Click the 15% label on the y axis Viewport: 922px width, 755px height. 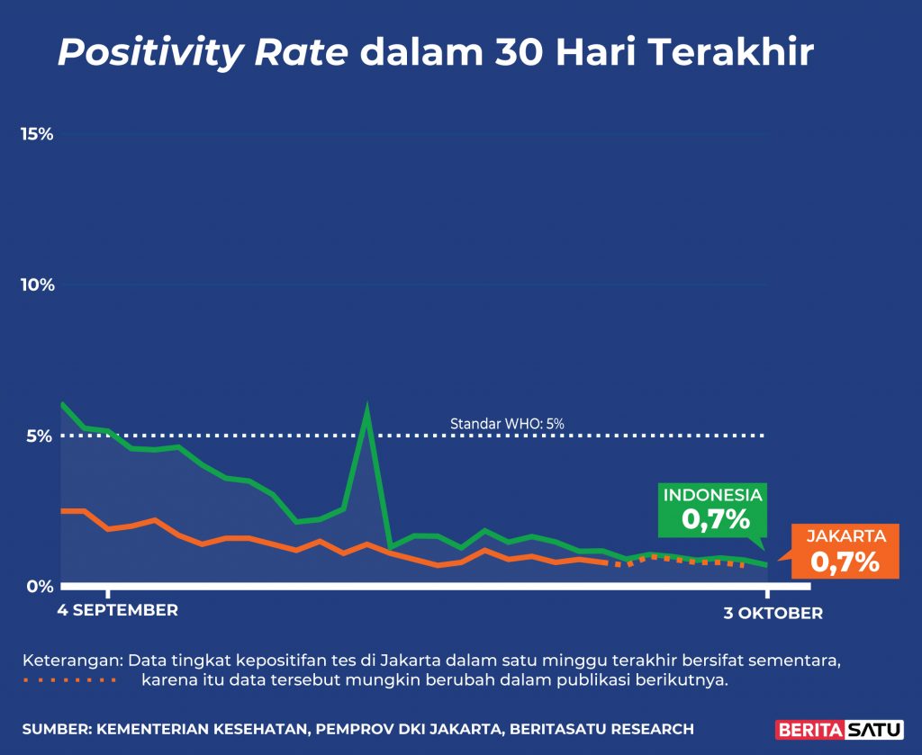37,134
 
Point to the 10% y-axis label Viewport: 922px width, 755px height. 37,285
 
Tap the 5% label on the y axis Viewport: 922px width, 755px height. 41,436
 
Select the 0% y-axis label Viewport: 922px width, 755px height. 41,587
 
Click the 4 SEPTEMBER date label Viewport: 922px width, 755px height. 118,610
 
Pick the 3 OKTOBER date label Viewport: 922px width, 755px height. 773,614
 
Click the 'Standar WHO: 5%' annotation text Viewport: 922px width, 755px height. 507,423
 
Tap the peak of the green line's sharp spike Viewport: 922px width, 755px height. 366,408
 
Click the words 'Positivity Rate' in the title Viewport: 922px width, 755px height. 203,54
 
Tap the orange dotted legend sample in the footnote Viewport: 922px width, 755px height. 70,679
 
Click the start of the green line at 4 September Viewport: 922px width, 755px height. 61,404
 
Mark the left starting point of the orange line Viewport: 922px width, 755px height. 61,510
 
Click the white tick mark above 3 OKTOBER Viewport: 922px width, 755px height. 767,591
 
